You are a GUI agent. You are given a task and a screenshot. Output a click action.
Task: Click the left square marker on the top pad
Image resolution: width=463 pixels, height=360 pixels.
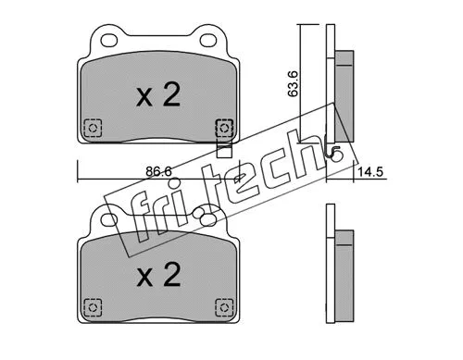[x=91, y=129]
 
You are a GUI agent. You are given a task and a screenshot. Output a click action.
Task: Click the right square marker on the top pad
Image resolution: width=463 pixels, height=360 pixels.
[x=222, y=129]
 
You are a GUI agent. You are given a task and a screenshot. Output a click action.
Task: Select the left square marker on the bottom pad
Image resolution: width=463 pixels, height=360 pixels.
[x=91, y=306]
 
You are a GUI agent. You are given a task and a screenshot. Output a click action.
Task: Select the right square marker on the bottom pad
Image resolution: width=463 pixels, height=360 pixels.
[x=222, y=306]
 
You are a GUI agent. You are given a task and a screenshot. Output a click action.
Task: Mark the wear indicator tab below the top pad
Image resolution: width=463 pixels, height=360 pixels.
[x=222, y=146]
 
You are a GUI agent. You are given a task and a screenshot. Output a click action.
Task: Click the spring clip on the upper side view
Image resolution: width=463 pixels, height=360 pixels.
[x=334, y=153]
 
